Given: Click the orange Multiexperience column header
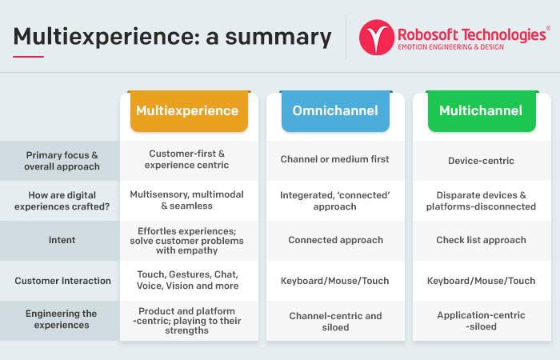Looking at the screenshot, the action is click(189, 111).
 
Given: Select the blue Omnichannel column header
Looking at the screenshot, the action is click(335, 111).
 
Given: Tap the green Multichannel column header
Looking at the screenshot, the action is click(482, 111).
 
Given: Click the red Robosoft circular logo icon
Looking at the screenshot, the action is click(377, 37).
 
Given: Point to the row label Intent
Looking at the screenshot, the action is click(62, 240).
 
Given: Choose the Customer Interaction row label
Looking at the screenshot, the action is click(63, 281).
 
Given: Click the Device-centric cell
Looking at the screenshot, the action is click(481, 161).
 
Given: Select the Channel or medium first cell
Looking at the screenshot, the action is click(334, 159).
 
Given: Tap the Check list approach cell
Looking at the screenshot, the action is click(481, 240).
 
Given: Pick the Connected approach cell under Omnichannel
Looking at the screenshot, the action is click(335, 240).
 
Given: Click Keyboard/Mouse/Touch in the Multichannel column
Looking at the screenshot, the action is click(481, 281).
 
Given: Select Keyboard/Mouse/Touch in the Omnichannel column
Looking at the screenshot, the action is click(334, 281).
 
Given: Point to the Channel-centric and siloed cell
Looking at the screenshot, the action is click(335, 322).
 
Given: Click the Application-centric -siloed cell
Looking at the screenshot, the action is click(481, 321).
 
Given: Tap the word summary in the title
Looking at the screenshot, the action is click(278, 38).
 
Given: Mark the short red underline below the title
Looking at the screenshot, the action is click(28, 57).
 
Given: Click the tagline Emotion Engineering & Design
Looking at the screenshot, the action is click(450, 46).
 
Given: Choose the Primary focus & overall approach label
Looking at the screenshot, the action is click(62, 161).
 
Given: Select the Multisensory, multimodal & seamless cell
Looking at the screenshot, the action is click(186, 200).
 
